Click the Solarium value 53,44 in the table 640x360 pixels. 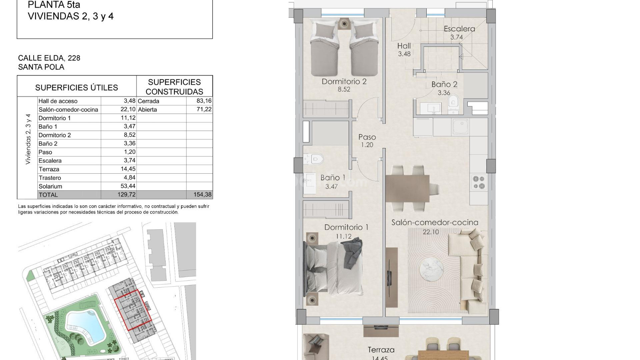pyautogui.click(x=128, y=186)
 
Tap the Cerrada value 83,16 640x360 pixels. pyautogui.click(x=204, y=101)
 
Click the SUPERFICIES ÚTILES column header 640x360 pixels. pyautogui.click(x=77, y=88)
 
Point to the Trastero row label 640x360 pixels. pyautogui.click(x=50, y=178)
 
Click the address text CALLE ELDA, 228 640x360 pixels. pyautogui.click(x=49, y=58)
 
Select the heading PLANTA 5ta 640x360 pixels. pyautogui.click(x=54, y=5)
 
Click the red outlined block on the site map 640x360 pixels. pyautogui.click(x=133, y=310)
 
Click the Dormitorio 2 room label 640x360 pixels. pyautogui.click(x=344, y=81)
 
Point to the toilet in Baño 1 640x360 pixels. pyautogui.click(x=315, y=159)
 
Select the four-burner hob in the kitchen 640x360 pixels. pyautogui.click(x=479, y=182)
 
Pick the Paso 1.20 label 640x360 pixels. pyautogui.click(x=367, y=140)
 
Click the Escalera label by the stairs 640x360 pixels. pyautogui.click(x=459, y=29)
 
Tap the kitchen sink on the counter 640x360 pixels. pyautogui.click(x=461, y=126)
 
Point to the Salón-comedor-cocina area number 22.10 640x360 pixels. pyautogui.click(x=431, y=232)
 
